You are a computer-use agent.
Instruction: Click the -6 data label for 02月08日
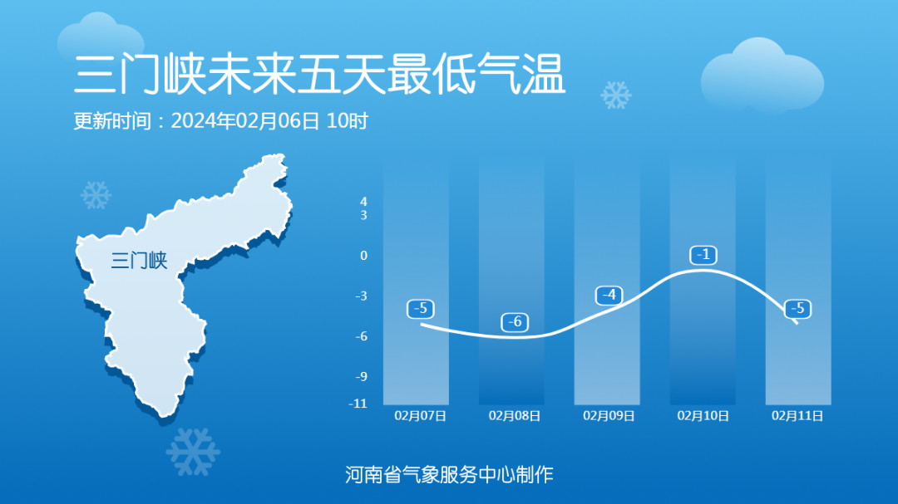click(x=515, y=322)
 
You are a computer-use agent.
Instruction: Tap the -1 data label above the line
click(x=703, y=255)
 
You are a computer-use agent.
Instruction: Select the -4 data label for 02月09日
click(x=609, y=296)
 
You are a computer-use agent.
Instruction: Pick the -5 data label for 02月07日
click(x=421, y=309)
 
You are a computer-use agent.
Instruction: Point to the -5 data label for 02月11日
click(x=797, y=309)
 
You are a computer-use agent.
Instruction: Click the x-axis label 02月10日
click(x=703, y=416)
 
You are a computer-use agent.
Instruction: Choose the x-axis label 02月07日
click(x=421, y=416)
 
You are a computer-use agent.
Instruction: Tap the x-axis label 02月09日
click(x=609, y=416)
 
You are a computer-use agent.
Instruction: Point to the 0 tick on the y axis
click(x=363, y=256)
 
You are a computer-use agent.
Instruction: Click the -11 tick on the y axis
click(x=358, y=404)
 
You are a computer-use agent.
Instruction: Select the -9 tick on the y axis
click(x=361, y=376)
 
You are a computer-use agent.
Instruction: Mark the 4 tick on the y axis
click(x=363, y=202)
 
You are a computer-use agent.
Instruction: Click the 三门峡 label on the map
click(x=139, y=260)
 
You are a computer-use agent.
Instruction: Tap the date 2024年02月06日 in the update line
click(x=245, y=121)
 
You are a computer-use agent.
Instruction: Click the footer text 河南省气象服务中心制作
click(x=449, y=475)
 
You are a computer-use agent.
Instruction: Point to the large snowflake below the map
click(x=193, y=452)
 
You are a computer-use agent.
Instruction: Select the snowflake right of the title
click(x=615, y=95)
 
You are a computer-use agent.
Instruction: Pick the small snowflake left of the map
click(x=96, y=195)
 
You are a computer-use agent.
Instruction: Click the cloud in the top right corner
click(x=762, y=75)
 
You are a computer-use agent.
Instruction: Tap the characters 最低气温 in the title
click(x=477, y=75)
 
